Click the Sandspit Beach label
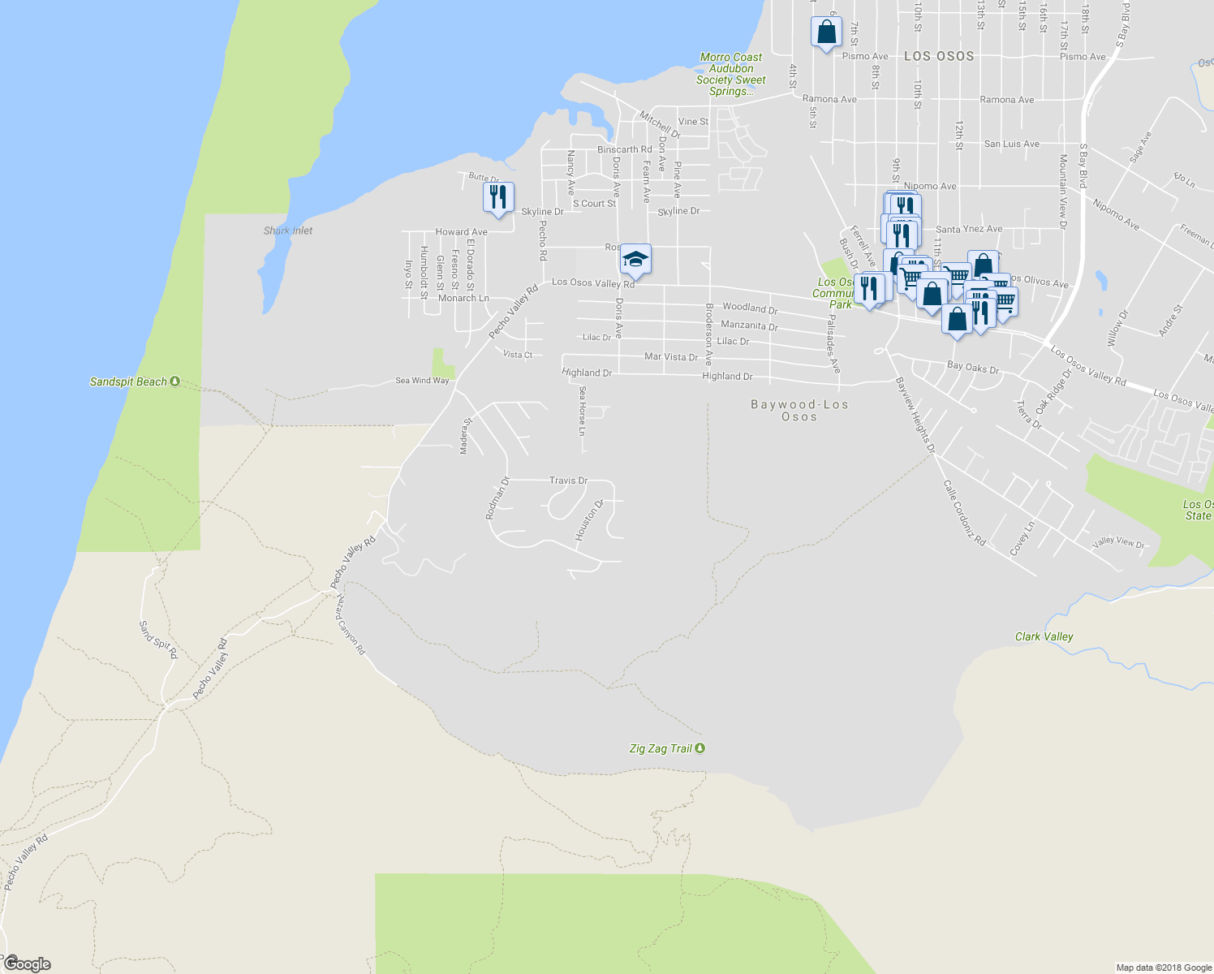128,381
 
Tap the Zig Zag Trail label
661,748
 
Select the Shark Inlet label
288,231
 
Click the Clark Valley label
1044,636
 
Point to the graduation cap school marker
635,260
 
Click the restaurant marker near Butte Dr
498,197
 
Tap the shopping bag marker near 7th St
826,32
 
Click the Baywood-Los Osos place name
799,410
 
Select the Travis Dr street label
568,481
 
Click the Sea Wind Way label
422,381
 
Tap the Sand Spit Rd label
157,640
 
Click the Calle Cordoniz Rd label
964,512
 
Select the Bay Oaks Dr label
973,368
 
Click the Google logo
27,963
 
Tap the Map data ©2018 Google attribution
1164,968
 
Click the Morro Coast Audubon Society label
731,74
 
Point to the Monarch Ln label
463,298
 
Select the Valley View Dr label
1118,541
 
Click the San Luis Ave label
1011,144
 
